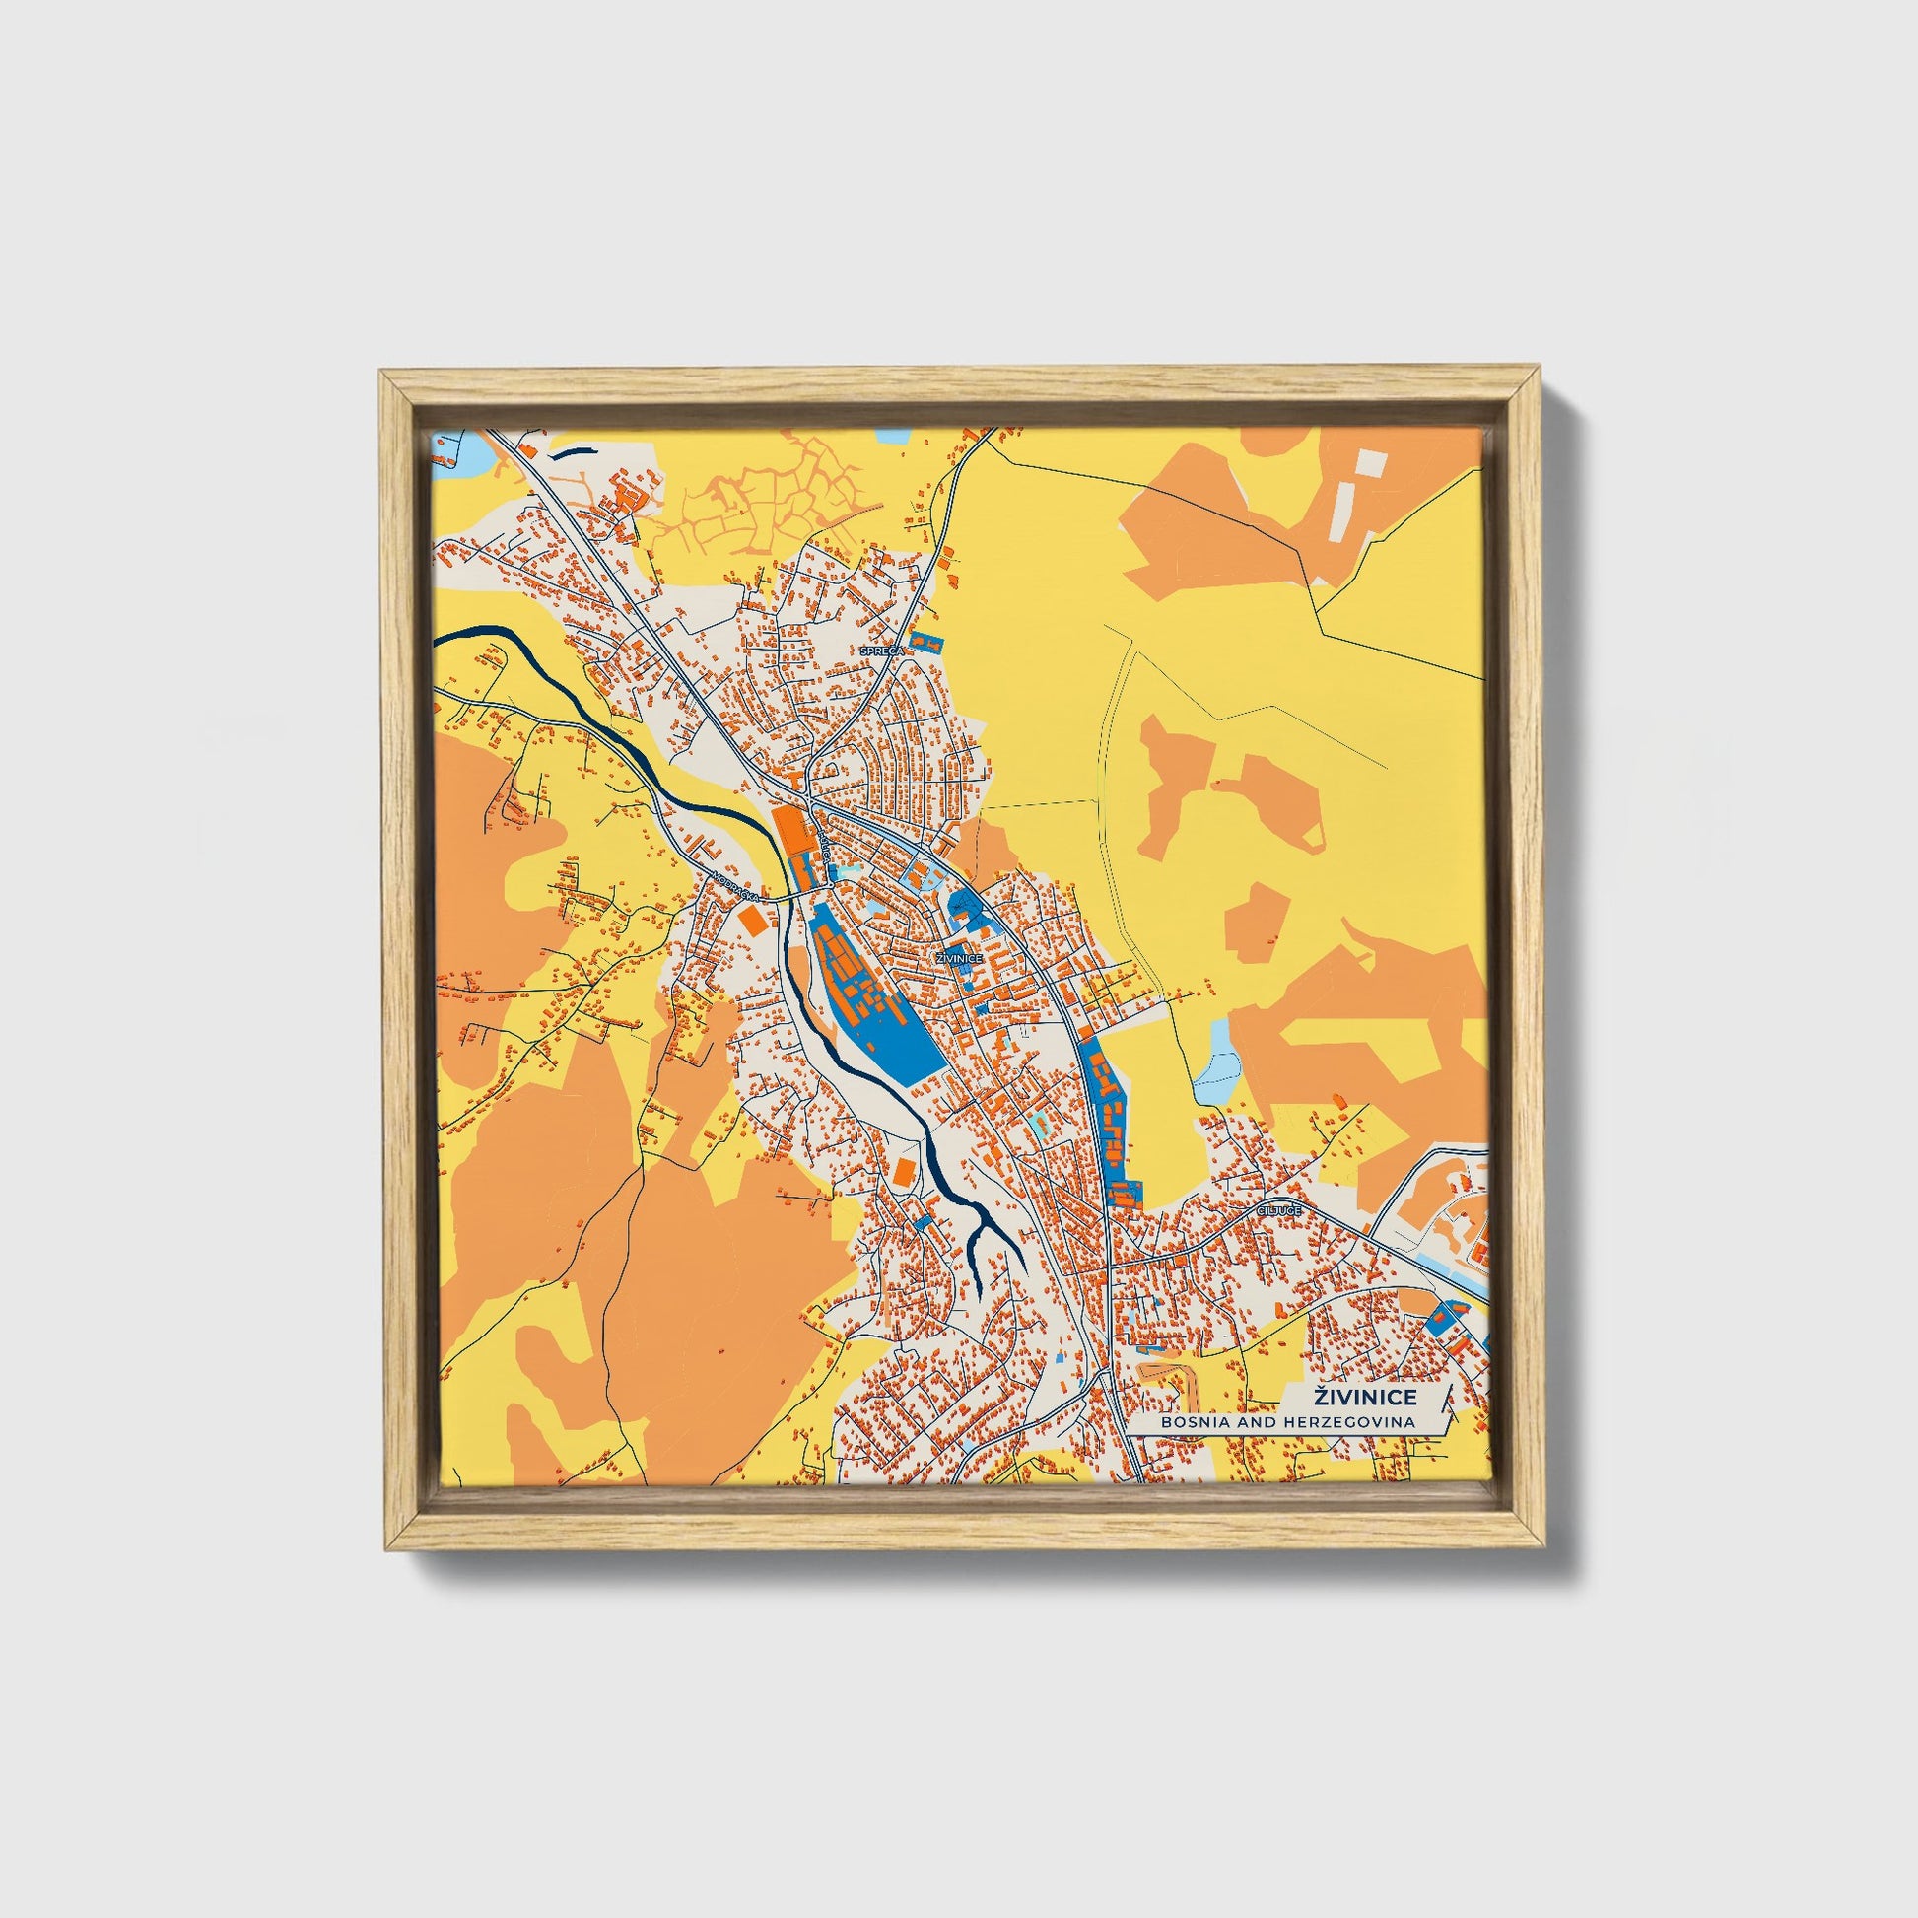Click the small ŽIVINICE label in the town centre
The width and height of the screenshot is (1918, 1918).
(959, 958)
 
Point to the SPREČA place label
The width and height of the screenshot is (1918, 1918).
(881, 651)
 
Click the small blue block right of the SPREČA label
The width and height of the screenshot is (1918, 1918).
(926, 642)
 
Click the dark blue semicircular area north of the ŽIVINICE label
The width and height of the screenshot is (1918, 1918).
(961, 905)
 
